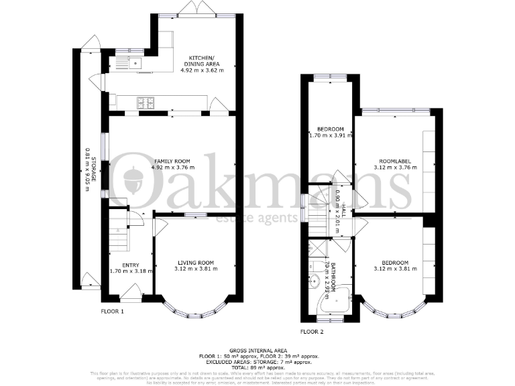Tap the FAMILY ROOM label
click(x=173, y=162)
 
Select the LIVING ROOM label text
click(x=195, y=262)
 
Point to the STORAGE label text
click(x=87, y=174)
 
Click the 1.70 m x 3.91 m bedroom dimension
click(x=331, y=135)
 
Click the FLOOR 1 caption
click(x=113, y=312)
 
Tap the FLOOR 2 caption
click(x=312, y=332)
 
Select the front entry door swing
click(x=131, y=289)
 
